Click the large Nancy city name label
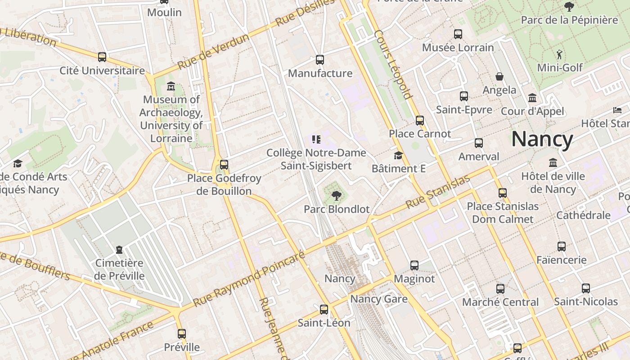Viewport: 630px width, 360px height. click(x=542, y=139)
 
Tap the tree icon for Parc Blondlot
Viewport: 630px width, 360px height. click(x=336, y=195)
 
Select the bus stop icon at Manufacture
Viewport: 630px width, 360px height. click(x=320, y=59)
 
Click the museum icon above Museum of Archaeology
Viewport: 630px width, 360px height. click(x=171, y=86)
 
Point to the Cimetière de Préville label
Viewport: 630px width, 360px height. click(x=120, y=269)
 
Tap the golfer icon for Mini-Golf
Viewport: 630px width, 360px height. click(x=559, y=54)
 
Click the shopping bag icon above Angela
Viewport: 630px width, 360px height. click(x=499, y=76)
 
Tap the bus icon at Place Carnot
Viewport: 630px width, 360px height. click(x=420, y=120)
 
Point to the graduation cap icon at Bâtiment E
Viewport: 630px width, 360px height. click(x=398, y=155)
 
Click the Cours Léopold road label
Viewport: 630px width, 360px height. click(x=393, y=64)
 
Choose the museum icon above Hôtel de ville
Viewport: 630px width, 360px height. click(x=553, y=162)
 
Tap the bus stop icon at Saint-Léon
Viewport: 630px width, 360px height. click(x=324, y=309)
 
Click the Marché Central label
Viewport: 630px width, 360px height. click(x=500, y=302)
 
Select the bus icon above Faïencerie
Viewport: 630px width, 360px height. click(x=562, y=246)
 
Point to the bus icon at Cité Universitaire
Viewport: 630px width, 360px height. click(x=102, y=57)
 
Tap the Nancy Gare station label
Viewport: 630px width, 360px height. click(x=379, y=299)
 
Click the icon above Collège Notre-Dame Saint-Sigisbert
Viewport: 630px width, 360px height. click(x=316, y=139)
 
